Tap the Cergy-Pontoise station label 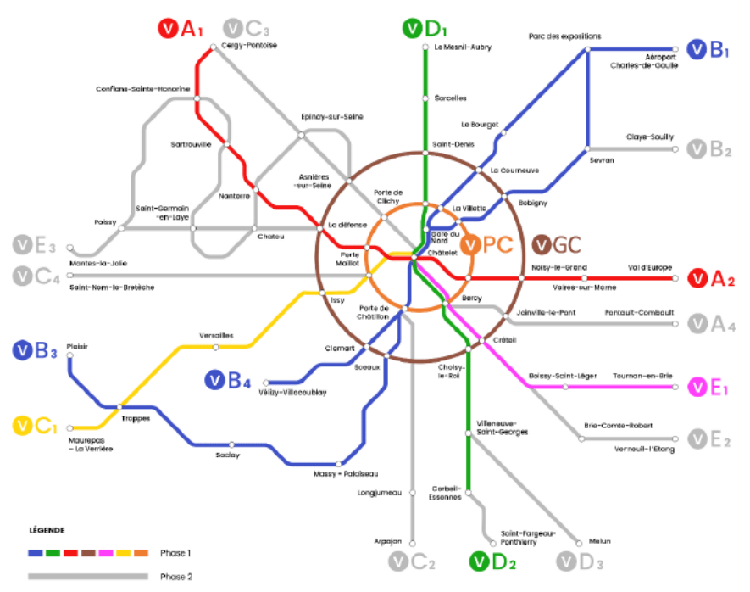pos(249,46)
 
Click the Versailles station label pos(216,336)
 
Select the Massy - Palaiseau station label pos(346,474)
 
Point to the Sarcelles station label pos(450,98)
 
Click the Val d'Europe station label pos(650,267)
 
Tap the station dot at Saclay pos(231,445)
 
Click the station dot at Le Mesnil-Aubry pos(425,47)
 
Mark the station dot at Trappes pos(119,407)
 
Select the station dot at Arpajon pos(413,543)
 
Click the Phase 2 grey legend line pos(88,576)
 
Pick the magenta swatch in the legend pos(106,553)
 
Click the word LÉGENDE pos(47,530)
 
